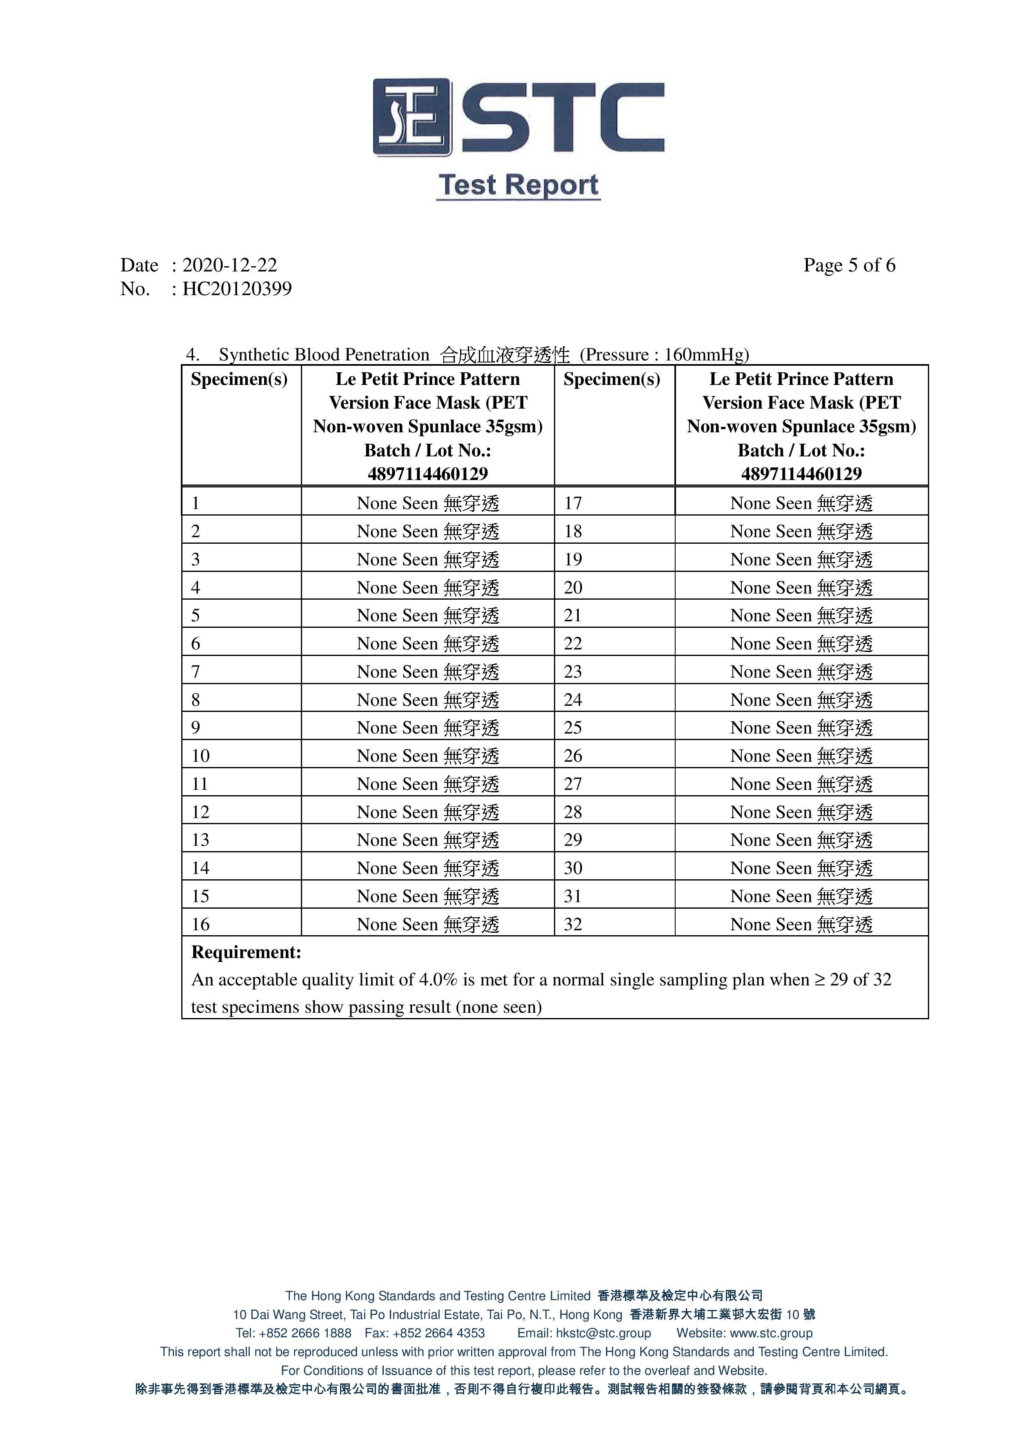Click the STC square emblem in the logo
click(x=411, y=117)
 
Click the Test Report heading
click(x=518, y=185)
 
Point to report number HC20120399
click(x=237, y=289)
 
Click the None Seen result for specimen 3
click(x=428, y=560)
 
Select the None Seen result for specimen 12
click(x=428, y=812)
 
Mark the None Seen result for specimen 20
click(x=801, y=587)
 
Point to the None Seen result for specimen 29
click(x=801, y=840)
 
